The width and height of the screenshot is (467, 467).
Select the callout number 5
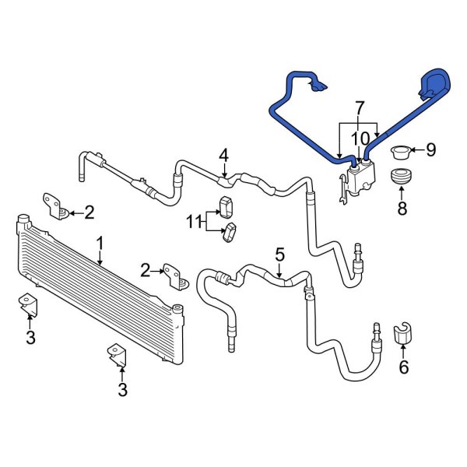coord(280,255)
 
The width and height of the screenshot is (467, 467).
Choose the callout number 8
coord(402,208)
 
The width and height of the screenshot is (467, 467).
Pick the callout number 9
coord(430,149)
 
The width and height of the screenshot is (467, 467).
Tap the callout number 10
coord(360,139)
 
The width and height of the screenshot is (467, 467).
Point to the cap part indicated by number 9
coord(402,149)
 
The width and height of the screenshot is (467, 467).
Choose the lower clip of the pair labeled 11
coord(231,231)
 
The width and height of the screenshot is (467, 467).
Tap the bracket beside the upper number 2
coord(55,204)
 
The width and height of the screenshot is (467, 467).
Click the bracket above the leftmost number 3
coord(28,304)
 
